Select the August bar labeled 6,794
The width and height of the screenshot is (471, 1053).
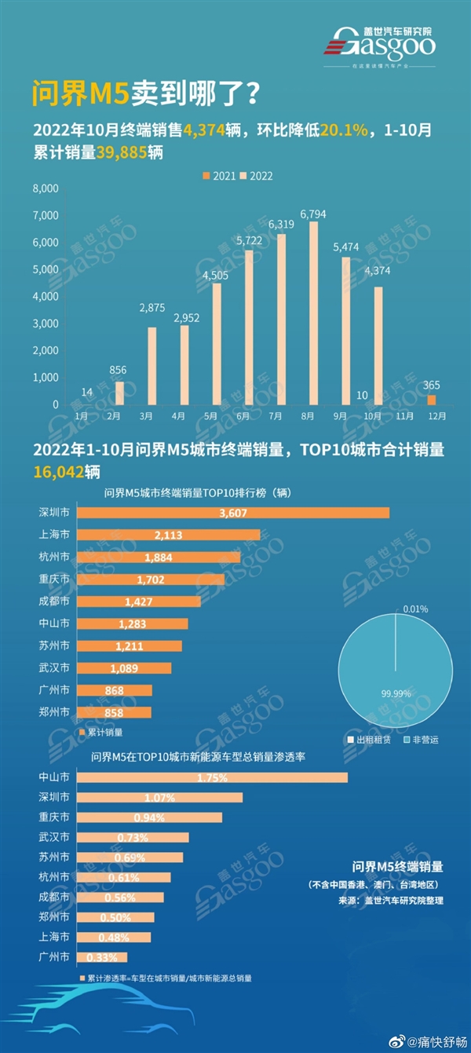pyautogui.click(x=313, y=313)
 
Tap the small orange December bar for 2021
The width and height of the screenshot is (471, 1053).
pyautogui.click(x=431, y=400)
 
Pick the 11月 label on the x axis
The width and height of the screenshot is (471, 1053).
pyautogui.click(x=406, y=415)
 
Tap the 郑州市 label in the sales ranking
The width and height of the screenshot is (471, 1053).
pyautogui.click(x=54, y=711)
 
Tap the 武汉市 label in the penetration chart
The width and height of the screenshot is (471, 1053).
pyautogui.click(x=54, y=837)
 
